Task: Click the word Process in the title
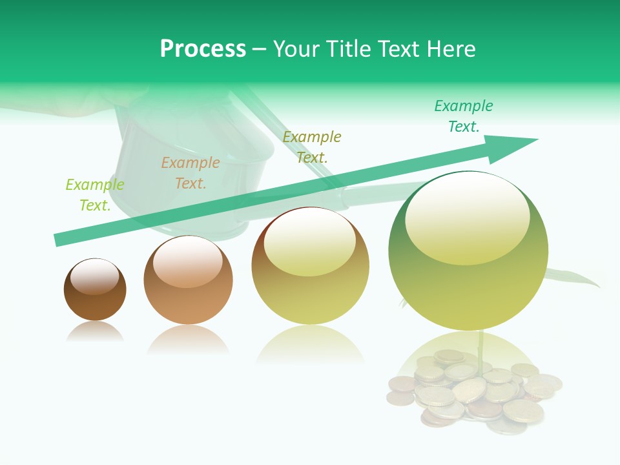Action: coord(203,49)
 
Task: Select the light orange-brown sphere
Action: coord(188,282)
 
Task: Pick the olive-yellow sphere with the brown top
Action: coord(310,266)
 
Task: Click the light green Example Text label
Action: coord(95,195)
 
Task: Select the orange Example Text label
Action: coord(191,173)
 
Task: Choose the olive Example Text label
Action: coord(312,147)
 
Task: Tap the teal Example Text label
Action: coord(464,116)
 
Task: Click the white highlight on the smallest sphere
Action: coord(94,276)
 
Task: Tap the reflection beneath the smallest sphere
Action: coord(95,332)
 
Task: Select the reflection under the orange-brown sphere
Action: coord(188,339)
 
